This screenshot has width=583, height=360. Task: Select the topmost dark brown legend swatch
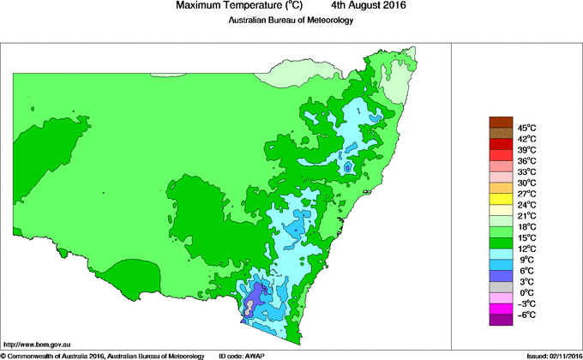501,122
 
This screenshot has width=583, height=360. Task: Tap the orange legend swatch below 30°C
501,188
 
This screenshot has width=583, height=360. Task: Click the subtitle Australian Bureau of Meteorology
290,21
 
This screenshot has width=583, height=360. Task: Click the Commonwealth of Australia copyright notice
103,355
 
